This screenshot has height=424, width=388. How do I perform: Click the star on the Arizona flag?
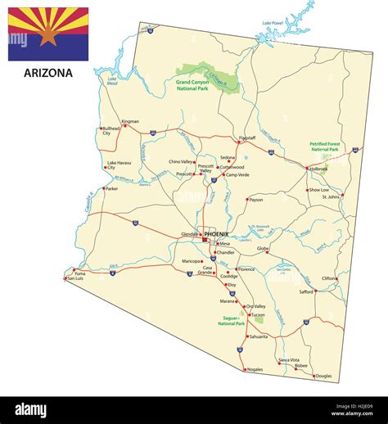(x=48, y=36)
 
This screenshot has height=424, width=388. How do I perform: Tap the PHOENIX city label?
(x=217, y=234)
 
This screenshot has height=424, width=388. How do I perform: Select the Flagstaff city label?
(x=246, y=138)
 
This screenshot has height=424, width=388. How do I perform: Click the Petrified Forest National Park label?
(x=325, y=147)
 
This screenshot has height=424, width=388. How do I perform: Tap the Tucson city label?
(x=258, y=314)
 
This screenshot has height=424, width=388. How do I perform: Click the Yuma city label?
(x=79, y=274)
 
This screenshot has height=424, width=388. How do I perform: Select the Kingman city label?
(x=130, y=122)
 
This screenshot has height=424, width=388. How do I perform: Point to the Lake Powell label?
(x=273, y=22)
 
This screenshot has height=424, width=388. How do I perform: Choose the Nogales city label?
(x=255, y=369)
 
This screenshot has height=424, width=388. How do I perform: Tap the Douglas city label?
(x=323, y=376)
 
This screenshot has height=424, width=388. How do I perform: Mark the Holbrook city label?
(x=318, y=169)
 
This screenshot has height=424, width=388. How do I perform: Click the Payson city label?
(x=256, y=200)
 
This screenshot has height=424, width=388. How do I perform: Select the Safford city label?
(x=306, y=291)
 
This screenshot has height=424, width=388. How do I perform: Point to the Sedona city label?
(x=228, y=157)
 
